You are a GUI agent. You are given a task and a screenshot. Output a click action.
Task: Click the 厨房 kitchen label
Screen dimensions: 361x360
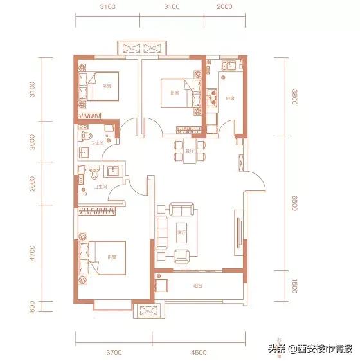coord(230,98)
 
